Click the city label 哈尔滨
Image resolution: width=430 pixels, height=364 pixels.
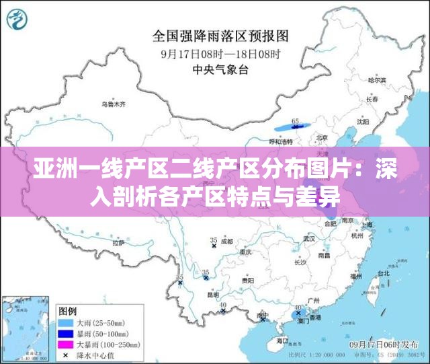378,79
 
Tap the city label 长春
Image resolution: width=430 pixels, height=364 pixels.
373,100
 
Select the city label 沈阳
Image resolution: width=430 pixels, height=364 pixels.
363,122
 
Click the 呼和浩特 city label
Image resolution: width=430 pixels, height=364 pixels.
281,142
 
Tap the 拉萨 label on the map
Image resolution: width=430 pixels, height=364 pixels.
118,242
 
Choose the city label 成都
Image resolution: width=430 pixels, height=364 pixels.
226,241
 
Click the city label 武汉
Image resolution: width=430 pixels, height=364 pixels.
309,238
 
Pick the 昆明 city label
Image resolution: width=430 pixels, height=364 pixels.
213,294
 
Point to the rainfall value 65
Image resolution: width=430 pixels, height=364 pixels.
295,121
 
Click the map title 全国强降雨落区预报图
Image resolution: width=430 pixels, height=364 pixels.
220,34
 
